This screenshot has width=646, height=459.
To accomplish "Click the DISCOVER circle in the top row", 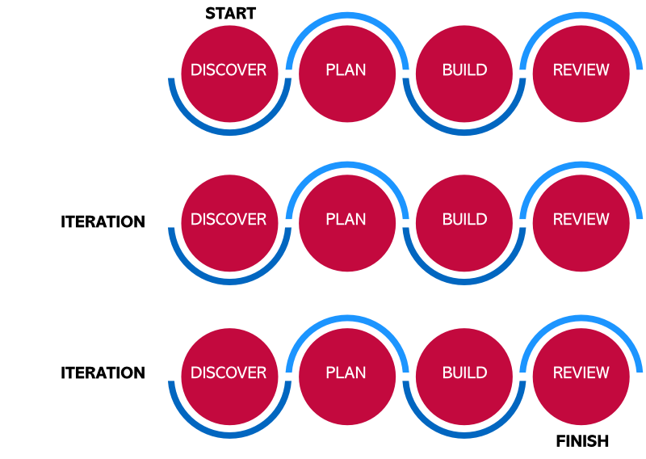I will (229, 74).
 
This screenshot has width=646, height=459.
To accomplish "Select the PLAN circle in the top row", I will (347, 74).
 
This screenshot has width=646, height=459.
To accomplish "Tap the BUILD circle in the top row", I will (464, 74).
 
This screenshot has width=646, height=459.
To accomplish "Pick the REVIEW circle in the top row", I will (581, 74).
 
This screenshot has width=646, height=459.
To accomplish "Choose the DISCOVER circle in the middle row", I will (229, 223).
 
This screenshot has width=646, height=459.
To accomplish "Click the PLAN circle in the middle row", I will (347, 223).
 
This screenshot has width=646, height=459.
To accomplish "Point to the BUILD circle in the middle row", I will (464, 223).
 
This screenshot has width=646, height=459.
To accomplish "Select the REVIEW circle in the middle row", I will (581, 223).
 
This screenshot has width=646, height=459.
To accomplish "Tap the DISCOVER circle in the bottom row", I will (229, 377).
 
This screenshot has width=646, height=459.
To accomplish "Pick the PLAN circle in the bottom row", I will (347, 377).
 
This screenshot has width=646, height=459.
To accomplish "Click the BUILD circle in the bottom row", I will (464, 377).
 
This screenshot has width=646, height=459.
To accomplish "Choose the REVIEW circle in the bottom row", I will (581, 377).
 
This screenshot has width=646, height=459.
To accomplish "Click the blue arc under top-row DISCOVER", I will (229, 132).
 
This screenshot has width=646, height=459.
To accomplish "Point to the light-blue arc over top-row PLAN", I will (347, 15).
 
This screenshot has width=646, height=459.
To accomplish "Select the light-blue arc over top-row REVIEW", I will (581, 15).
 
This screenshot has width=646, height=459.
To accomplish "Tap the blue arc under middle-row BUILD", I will (464, 281).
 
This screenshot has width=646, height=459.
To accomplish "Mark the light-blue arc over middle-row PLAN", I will (347, 165).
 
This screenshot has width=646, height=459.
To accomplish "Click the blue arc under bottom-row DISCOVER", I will (229, 435).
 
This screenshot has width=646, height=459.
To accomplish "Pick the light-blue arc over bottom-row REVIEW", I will (581, 318).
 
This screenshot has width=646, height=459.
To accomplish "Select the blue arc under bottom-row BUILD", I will (464, 435).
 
